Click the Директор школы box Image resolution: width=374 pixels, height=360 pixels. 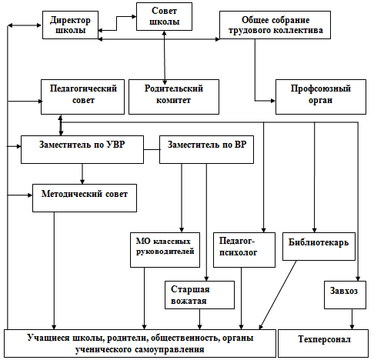[70, 25]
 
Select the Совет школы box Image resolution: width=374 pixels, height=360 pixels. [164, 17]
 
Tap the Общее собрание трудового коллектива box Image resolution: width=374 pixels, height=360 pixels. [275, 25]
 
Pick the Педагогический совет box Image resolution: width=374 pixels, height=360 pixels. [82, 97]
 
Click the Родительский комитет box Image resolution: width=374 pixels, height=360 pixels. [174, 97]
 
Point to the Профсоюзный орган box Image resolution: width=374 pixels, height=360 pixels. [321, 97]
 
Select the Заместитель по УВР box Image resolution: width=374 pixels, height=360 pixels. [82, 149]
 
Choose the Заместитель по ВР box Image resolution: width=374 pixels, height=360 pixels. [206, 149]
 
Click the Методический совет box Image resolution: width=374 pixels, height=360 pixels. [85, 198]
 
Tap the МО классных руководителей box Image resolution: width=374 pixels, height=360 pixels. [165, 250]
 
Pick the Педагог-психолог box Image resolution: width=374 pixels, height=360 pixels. [244, 250]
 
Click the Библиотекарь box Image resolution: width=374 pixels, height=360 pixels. [319, 246]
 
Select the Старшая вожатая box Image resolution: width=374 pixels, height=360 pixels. [199, 295]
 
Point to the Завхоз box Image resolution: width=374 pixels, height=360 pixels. [345, 295]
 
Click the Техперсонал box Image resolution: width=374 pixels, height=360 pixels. [323, 343]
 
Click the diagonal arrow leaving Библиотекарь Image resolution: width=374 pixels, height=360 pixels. [278, 295]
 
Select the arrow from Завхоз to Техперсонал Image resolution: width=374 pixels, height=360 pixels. [352, 319]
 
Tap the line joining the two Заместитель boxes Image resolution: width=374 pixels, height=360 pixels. [152, 149]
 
